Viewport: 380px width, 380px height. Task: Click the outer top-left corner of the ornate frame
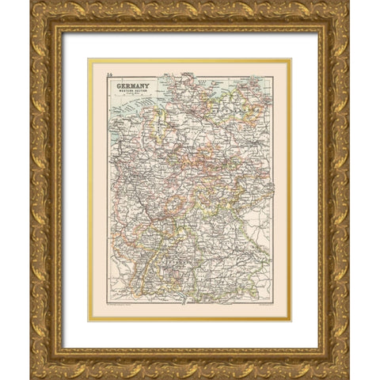click(x=32, y=2)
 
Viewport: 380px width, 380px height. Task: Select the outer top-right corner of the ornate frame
click(x=348, y=2)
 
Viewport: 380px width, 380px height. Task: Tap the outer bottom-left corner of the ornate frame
click(x=32, y=378)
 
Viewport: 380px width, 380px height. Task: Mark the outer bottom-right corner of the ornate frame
click(x=348, y=378)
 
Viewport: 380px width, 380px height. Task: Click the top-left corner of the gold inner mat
click(x=88, y=58)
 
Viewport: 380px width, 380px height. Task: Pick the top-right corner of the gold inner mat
click(x=292, y=58)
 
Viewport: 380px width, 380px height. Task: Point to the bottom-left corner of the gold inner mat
click(x=88, y=321)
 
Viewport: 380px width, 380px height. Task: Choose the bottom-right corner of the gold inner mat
click(x=292, y=321)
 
